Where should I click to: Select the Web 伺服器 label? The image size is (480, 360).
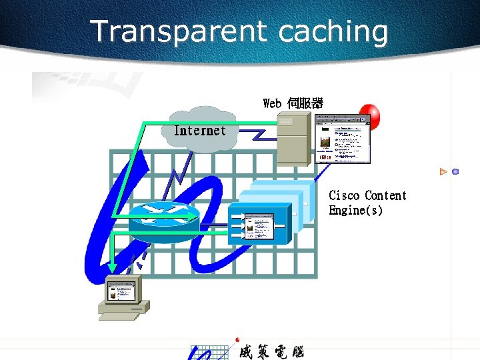tap(293, 103)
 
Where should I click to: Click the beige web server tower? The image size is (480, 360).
tap(294, 139)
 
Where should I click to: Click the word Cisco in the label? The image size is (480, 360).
tap(344, 195)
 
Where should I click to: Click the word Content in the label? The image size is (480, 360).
tap(385, 195)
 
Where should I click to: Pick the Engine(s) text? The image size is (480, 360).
tap(355, 211)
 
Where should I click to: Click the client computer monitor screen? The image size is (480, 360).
tap(122, 291)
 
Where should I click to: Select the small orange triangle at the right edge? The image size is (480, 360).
tap(443, 172)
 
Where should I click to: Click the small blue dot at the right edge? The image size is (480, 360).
tap(455, 172)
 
